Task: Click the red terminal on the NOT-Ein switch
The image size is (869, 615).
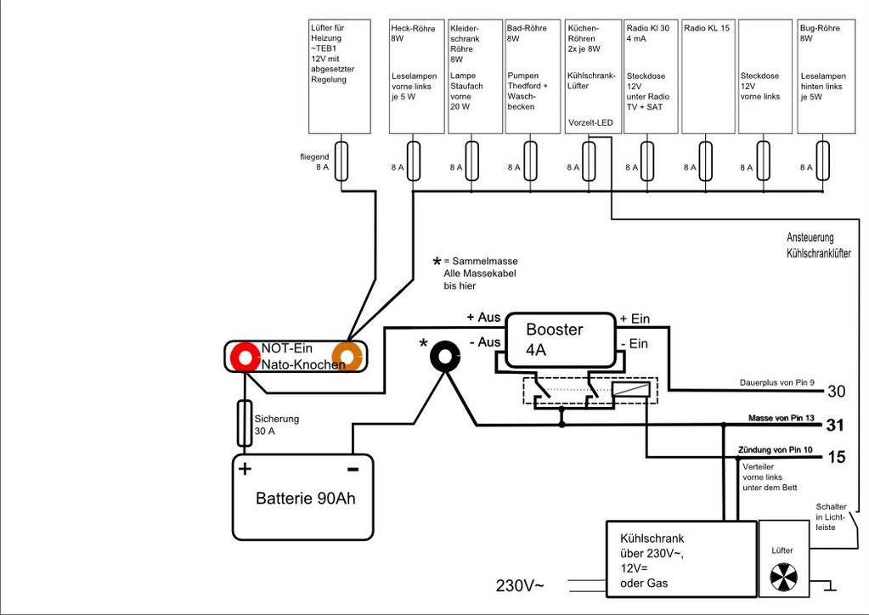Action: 245,358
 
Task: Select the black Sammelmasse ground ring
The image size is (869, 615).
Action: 445,358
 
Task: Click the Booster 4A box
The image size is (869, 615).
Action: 561,340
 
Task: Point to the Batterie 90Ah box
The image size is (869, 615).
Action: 302,497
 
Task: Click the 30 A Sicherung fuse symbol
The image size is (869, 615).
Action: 245,423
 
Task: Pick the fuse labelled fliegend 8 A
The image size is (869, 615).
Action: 341,161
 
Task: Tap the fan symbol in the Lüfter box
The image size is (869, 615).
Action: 784,578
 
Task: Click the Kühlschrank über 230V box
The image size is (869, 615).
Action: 681,559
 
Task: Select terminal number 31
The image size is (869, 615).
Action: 835,426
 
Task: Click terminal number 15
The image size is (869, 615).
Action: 837,457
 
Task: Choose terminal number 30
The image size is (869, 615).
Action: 837,392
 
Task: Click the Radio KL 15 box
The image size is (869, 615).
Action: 708,76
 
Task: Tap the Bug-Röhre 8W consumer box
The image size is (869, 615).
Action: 827,76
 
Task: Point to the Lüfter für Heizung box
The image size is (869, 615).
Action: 339,76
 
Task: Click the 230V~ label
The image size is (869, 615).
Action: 520,585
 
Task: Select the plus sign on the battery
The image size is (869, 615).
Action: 245,469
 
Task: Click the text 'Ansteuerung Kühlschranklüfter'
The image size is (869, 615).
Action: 819,245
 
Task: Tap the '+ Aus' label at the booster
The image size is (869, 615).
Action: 483,318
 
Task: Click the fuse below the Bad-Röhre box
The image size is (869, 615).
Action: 530,161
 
